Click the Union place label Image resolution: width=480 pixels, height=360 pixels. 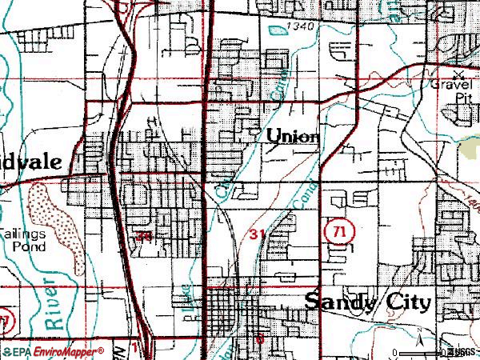[x=293, y=136]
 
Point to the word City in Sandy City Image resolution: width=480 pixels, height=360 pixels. [x=407, y=303]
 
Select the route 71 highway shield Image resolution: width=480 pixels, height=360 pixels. [x=338, y=231]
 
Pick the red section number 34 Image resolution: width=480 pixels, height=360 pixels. [x=144, y=237]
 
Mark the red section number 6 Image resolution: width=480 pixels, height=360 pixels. [x=260, y=338]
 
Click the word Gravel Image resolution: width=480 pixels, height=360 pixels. [x=453, y=83]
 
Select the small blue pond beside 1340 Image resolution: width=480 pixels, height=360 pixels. [x=277, y=30]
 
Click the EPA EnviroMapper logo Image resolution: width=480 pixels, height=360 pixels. [x=53, y=351]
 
